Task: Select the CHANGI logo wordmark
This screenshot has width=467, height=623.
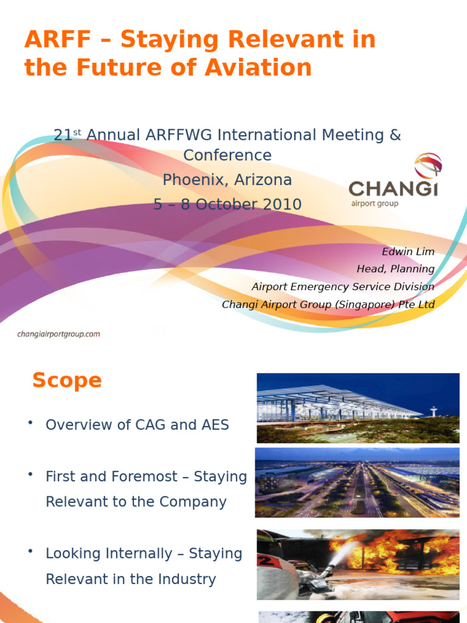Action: [x=393, y=188]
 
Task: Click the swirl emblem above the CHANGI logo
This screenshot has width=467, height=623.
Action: [x=428, y=165]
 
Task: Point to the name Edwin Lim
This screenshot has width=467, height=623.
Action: [x=408, y=252]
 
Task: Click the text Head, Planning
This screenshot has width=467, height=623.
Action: [x=395, y=269]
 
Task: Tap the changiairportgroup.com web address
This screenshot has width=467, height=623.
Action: [x=58, y=334]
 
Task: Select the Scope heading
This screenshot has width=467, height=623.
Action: [x=67, y=381]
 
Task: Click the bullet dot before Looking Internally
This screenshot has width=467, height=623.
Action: [x=30, y=551]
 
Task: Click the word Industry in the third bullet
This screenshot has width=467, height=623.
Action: [x=189, y=579]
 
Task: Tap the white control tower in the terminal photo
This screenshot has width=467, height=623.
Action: [x=434, y=411]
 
